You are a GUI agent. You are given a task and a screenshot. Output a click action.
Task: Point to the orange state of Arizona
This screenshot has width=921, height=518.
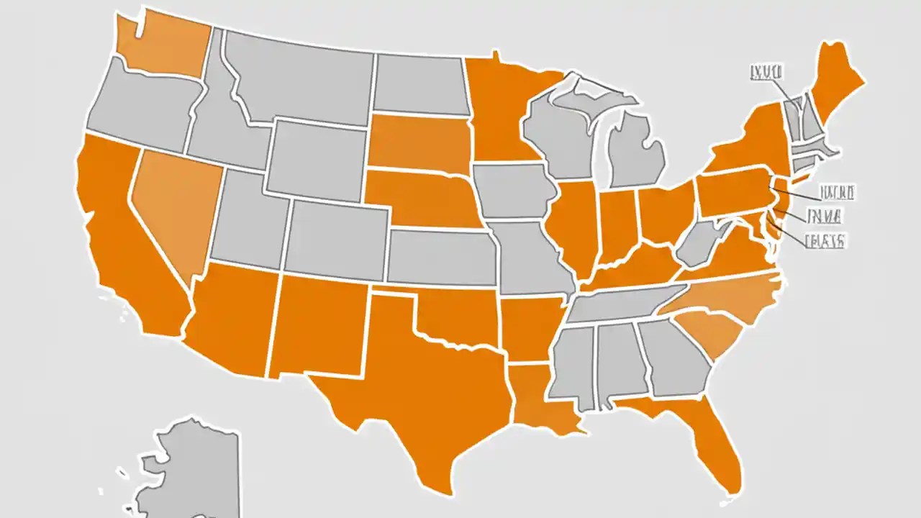coord(234,317)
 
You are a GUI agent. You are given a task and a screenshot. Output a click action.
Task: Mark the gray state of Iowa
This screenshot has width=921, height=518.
coord(514,191)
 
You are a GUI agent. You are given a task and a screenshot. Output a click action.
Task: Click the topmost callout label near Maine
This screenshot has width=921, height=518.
coord(767,71)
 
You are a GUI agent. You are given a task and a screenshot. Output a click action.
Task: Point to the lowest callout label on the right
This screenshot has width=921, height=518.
coord(825,240)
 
